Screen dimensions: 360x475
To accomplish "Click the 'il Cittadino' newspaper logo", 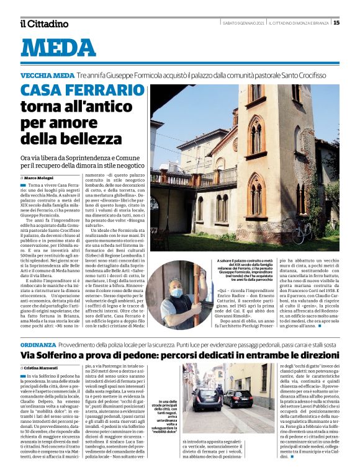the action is pyautogui.click(x=44, y=24).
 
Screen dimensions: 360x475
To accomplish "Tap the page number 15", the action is pyautogui.click(x=336, y=23).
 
